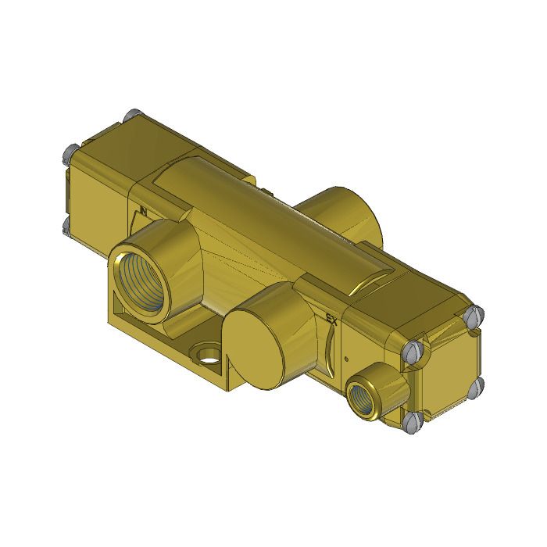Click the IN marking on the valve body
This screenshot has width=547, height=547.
click(x=143, y=210)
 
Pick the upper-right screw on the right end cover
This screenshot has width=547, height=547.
click(x=472, y=314)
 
